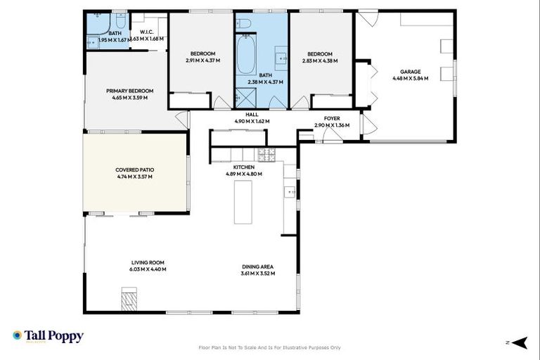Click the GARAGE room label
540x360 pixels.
(410, 72)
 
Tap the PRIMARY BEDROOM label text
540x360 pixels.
(129, 91)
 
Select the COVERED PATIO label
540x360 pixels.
(134, 169)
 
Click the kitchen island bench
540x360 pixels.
(243, 201)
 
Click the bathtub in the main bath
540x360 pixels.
(245, 56)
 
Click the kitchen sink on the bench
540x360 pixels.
(289, 192)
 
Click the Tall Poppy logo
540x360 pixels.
(48, 336)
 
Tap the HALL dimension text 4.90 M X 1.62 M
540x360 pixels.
(252, 121)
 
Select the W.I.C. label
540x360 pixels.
(147, 32)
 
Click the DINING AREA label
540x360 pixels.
(257, 266)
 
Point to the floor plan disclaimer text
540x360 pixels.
(270, 347)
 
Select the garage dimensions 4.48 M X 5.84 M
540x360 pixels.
(410, 78)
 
